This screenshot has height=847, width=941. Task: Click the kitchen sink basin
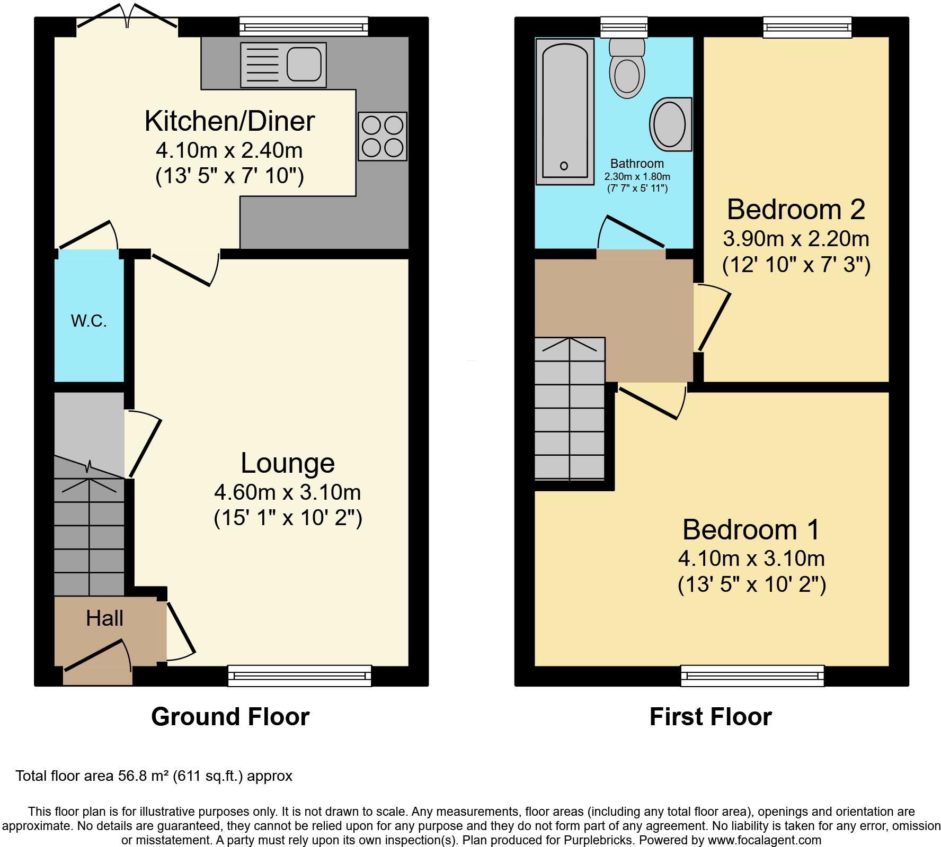pos(304,65)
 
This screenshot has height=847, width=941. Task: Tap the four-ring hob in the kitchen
pos(383,136)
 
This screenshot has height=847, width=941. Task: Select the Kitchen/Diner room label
pos(229,121)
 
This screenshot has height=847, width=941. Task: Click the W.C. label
pos(89,320)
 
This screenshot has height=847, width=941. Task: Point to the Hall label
pos(105,618)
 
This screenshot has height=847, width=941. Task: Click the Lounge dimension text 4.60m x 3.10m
pos(287,492)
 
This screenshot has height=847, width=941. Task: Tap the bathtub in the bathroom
pos(564,111)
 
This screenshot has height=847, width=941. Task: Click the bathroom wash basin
pos(670,124)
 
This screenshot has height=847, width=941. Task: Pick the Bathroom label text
pos(637,164)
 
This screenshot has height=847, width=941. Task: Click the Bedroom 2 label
pos(796,209)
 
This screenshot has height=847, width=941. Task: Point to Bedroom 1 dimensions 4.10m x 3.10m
pos(751,558)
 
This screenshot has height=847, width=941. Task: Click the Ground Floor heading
pos(230,717)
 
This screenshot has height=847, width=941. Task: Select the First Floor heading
pos(711,717)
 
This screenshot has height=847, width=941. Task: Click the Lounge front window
pos(300,676)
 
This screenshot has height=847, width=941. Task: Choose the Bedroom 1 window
pos(752,676)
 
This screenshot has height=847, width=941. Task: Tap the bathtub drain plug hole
pos(564,166)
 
